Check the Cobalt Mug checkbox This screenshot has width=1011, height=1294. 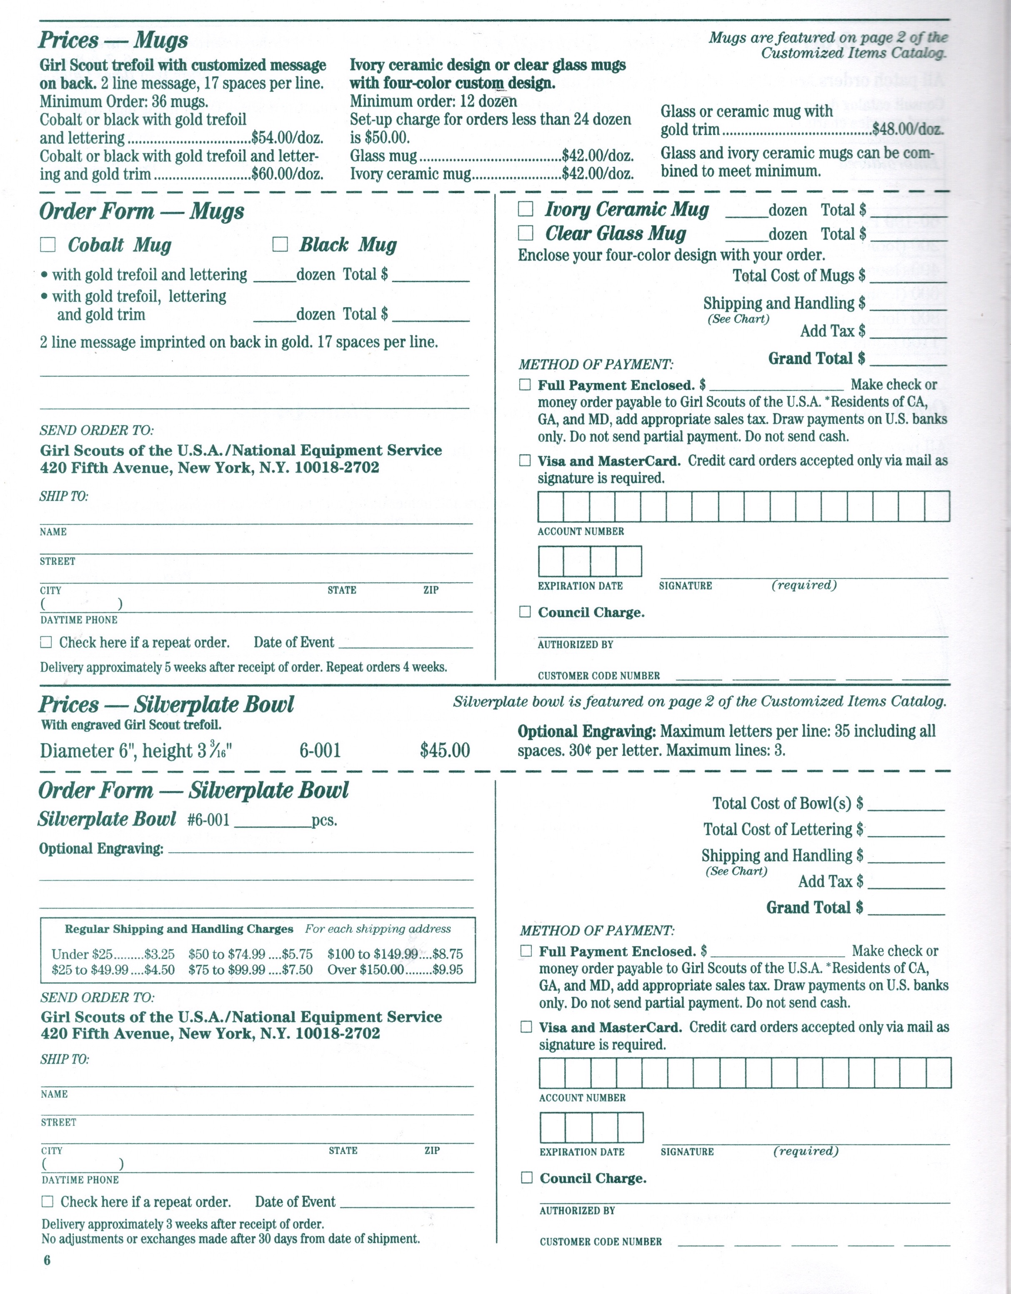pyautogui.click(x=48, y=245)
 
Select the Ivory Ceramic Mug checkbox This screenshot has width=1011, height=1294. pyautogui.click(x=526, y=209)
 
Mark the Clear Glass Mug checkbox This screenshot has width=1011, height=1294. pyautogui.click(x=526, y=233)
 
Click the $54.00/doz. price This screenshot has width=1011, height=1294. pyautogui.click(x=288, y=138)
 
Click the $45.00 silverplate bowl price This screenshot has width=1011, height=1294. pyautogui.click(x=445, y=751)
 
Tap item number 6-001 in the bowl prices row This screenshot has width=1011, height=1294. pyautogui.click(x=320, y=751)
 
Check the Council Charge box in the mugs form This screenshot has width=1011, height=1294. pyautogui.click(x=525, y=611)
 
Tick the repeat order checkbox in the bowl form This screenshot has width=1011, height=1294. pyautogui.click(x=48, y=1201)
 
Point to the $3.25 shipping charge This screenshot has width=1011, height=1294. pyautogui.click(x=160, y=954)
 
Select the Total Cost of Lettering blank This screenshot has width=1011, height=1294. pyautogui.click(x=906, y=831)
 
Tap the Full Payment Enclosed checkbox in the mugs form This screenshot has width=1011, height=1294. pyautogui.click(x=525, y=385)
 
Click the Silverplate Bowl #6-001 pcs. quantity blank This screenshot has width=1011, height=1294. pyautogui.click(x=273, y=821)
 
